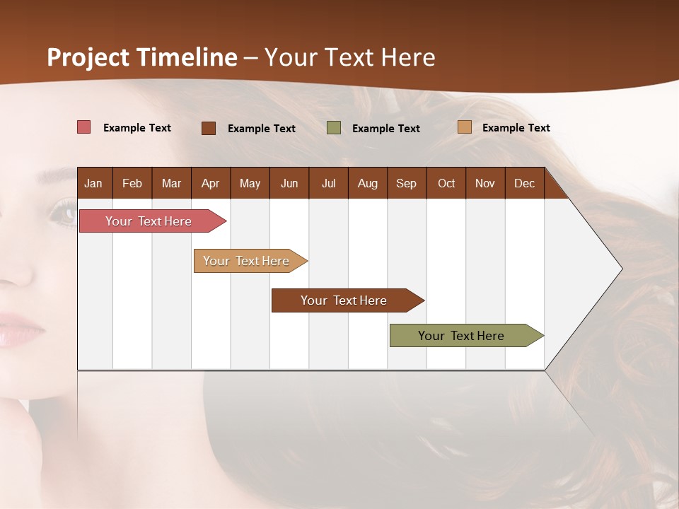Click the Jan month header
(x=93, y=183)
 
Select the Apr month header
(x=210, y=183)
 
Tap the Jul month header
(x=328, y=183)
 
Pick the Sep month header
(x=406, y=183)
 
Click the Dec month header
(x=524, y=183)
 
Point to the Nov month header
(x=484, y=183)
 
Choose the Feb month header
(x=132, y=183)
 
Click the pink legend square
(x=84, y=127)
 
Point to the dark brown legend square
(x=209, y=128)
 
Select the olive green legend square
(x=334, y=128)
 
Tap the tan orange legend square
(x=464, y=127)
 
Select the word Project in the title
(x=88, y=57)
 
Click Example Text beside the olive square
(x=386, y=128)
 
